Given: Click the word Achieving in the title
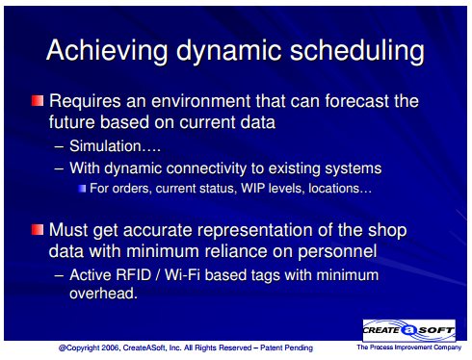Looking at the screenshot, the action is click(107, 51).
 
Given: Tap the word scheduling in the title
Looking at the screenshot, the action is click(357, 51).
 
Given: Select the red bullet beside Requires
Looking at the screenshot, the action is click(38, 100).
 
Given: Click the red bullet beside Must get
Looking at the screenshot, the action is click(38, 229).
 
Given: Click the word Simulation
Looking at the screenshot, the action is click(105, 146).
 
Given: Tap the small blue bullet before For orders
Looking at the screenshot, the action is click(82, 189).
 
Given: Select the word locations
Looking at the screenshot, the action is click(333, 188).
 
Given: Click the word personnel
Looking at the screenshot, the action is click(337, 251).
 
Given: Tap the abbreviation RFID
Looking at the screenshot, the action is click(133, 275).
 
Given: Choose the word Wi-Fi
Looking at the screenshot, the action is click(183, 275).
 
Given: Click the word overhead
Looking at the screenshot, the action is click(103, 294).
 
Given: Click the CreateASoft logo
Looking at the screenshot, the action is click(409, 330).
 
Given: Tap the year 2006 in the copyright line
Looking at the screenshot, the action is click(111, 347).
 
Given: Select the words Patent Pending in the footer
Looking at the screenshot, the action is click(286, 347).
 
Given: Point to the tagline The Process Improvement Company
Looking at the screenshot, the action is click(409, 347).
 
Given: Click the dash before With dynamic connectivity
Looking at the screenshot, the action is click(59, 168).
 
